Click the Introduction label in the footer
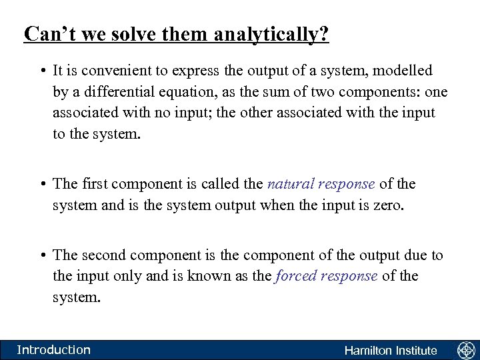click(53, 350)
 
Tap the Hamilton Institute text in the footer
click(391, 351)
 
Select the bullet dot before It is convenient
click(42, 71)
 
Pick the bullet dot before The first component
click(42, 185)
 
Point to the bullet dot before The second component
click(42, 255)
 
